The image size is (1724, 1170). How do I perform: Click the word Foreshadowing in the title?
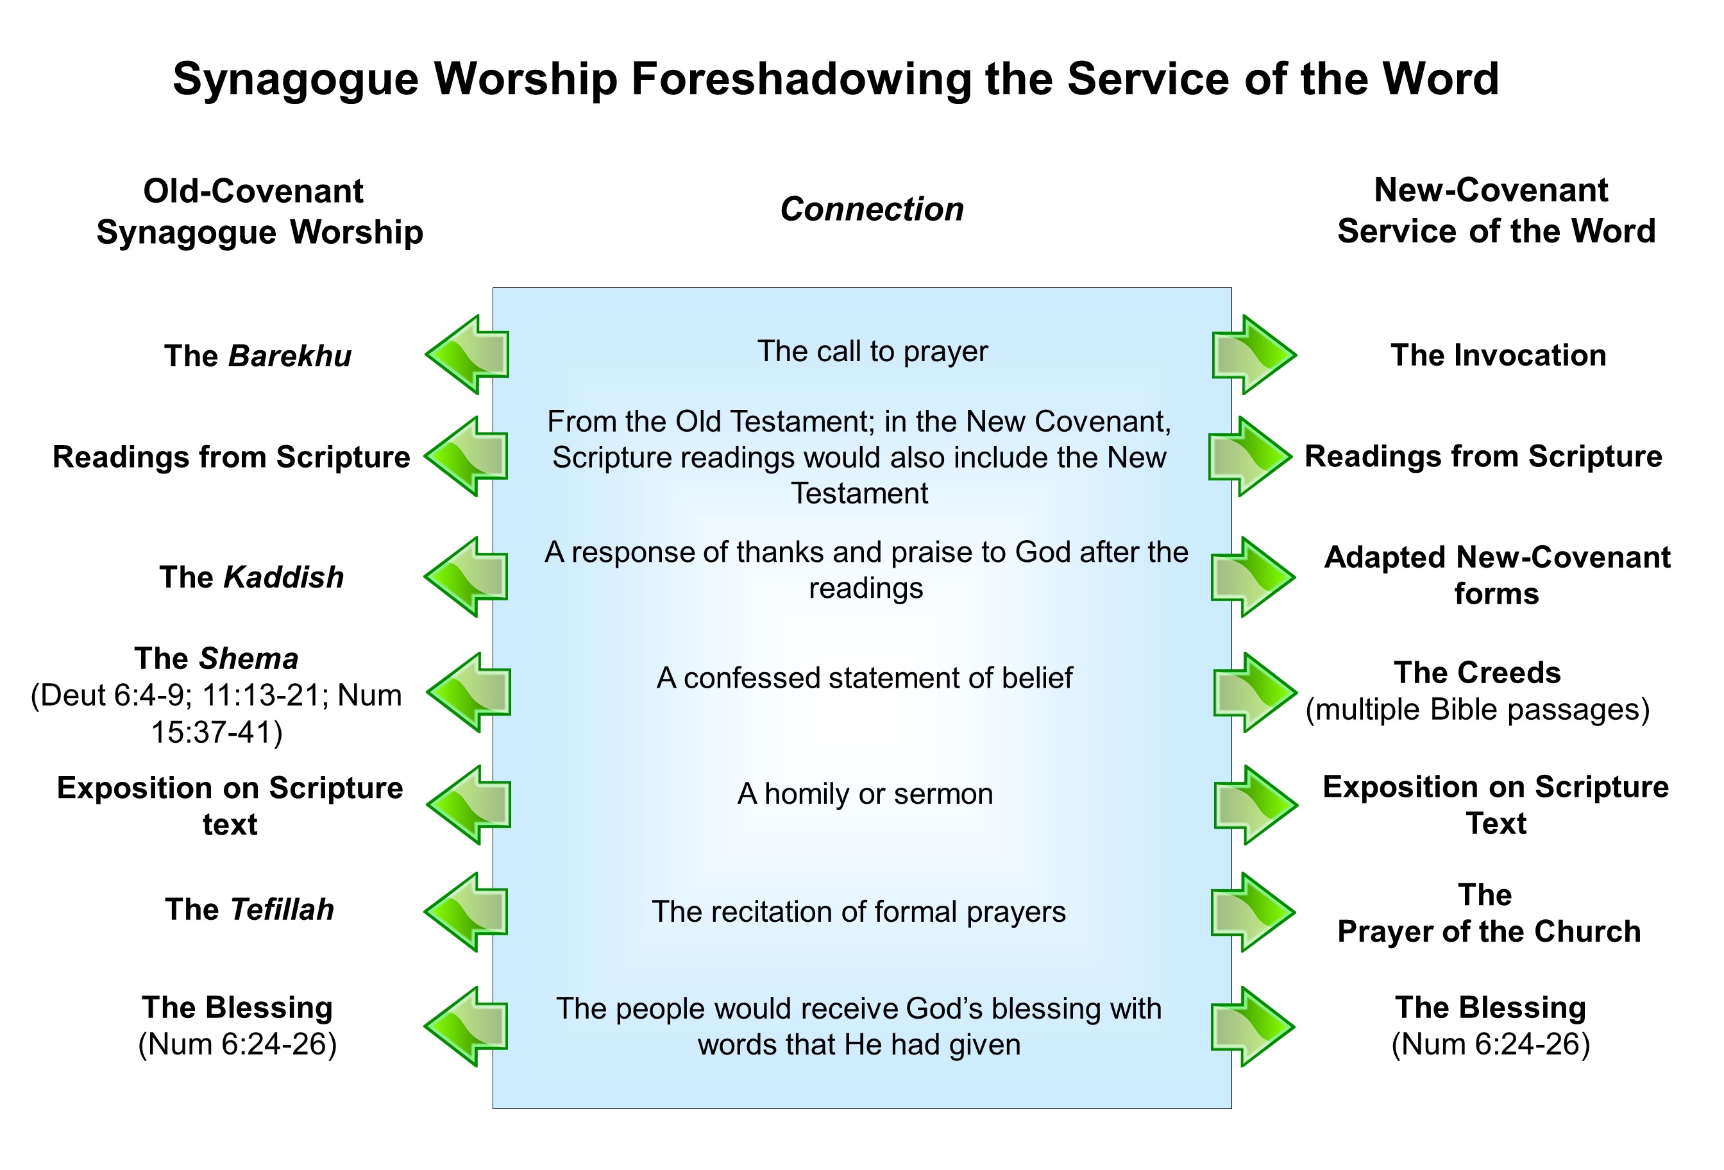coord(800,80)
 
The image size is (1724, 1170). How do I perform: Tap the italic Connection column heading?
coord(872,209)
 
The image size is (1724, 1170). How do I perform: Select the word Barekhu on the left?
coord(289,356)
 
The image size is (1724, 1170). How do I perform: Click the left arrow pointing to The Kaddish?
coord(466,577)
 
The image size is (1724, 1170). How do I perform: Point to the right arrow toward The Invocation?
coord(1254,355)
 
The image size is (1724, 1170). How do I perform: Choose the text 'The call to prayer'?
coord(872,352)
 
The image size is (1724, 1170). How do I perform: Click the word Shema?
coord(248,659)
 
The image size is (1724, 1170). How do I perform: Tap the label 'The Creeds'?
coord(1477,673)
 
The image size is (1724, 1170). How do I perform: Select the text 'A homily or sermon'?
coord(865,794)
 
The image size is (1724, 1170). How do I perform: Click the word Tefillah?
coord(282,910)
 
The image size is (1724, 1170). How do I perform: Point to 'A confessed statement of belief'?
coord(864,678)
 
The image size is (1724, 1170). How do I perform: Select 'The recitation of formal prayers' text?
coord(858,911)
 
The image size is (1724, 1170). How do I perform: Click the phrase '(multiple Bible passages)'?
coord(1477,710)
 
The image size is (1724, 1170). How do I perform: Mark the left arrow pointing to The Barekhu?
coord(468,355)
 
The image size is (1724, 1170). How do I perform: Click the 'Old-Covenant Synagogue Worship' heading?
coord(259,212)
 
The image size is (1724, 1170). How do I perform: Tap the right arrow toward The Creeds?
coord(1255,692)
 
